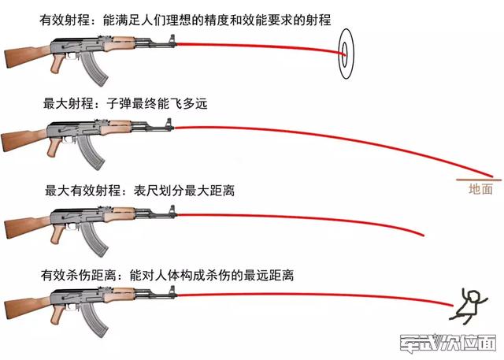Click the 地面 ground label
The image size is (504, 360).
point(480,189)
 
